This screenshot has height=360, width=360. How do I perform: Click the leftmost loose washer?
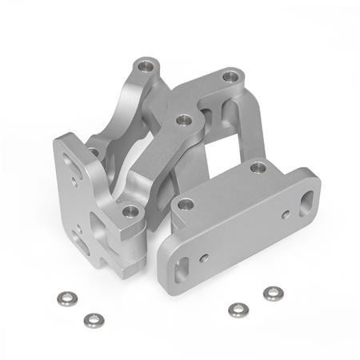(66, 298)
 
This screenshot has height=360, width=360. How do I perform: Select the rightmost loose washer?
(274, 294)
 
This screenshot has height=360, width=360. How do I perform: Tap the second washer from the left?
(93, 320)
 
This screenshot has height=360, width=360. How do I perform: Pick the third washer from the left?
(236, 310)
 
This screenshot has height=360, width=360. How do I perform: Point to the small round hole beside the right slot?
(285, 215)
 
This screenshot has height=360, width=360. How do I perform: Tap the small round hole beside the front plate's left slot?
(205, 258)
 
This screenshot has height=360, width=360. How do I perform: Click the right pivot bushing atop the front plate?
(258, 168)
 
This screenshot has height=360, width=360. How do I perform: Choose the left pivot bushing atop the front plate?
(186, 205)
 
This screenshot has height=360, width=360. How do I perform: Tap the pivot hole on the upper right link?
(231, 78)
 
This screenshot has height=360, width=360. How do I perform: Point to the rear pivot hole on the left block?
(94, 151)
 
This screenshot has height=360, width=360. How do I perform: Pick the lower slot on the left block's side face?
(78, 235)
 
